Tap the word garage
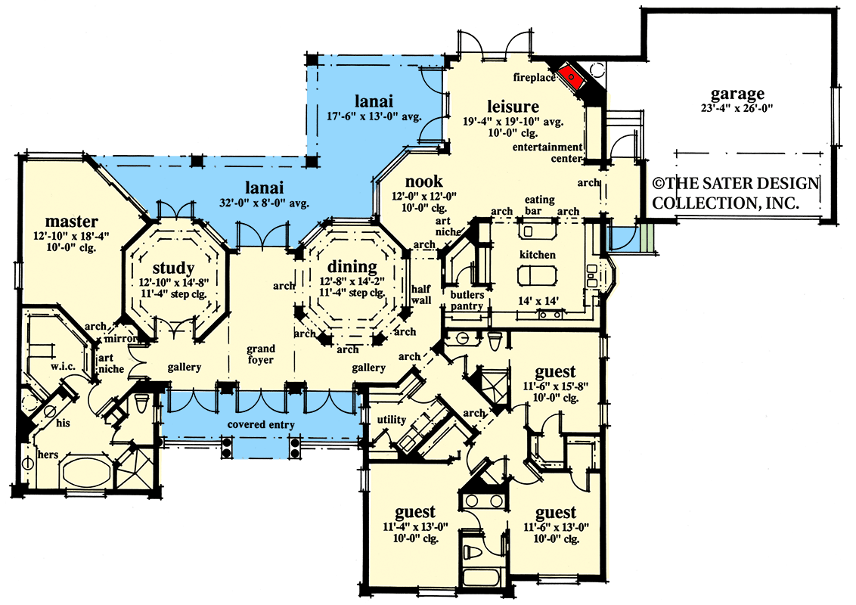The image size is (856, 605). (x=737, y=95)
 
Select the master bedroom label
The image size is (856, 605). (x=71, y=222)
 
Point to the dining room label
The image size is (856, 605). (x=352, y=267)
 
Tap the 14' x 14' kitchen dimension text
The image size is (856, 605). (x=538, y=301)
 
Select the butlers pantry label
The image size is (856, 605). (x=467, y=300)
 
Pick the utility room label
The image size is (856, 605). (x=392, y=420)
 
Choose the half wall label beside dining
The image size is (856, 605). (x=420, y=295)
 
